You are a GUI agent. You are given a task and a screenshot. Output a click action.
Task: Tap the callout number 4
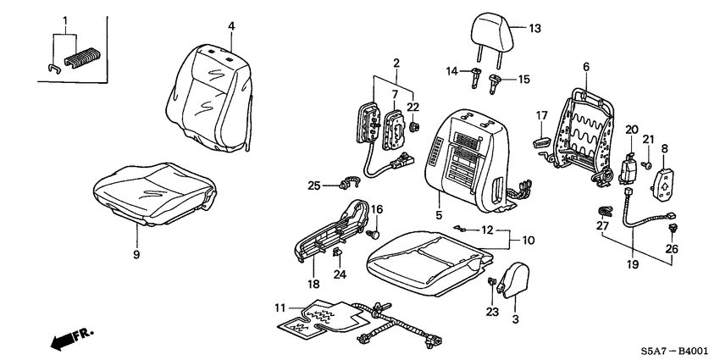pyautogui.click(x=231, y=26)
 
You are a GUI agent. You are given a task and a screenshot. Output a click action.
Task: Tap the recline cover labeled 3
pyautogui.click(x=513, y=280)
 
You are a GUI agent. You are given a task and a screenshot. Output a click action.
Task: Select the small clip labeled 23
pyautogui.click(x=492, y=281)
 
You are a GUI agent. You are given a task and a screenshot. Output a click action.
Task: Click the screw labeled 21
pyautogui.click(x=646, y=164)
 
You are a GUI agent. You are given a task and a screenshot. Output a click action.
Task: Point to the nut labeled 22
pyautogui.click(x=413, y=125)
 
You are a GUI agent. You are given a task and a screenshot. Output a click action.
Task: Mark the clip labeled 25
pyautogui.click(x=349, y=183)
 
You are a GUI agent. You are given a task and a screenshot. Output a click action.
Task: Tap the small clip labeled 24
pyautogui.click(x=337, y=252)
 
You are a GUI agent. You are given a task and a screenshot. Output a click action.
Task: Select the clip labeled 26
pyautogui.click(x=673, y=228)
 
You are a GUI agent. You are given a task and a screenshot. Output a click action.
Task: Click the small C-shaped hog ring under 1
pyautogui.click(x=54, y=69)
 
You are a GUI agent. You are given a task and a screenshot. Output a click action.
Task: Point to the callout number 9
pyautogui.click(x=136, y=254)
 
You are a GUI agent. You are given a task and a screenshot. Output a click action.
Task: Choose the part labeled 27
pyautogui.click(x=606, y=211)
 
